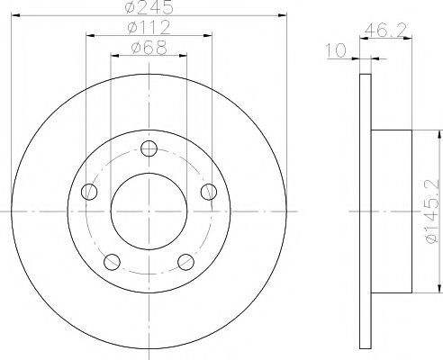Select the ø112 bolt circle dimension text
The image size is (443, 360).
point(149,27)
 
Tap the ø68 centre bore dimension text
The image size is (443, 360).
point(149,48)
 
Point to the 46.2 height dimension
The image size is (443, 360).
point(385,31)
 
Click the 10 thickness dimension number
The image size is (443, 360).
point(336,50)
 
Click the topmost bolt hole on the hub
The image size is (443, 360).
point(149,148)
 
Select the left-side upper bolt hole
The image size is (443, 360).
point(89,192)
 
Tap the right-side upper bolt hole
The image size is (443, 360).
point(209,192)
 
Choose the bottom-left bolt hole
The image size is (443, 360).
point(112,262)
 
